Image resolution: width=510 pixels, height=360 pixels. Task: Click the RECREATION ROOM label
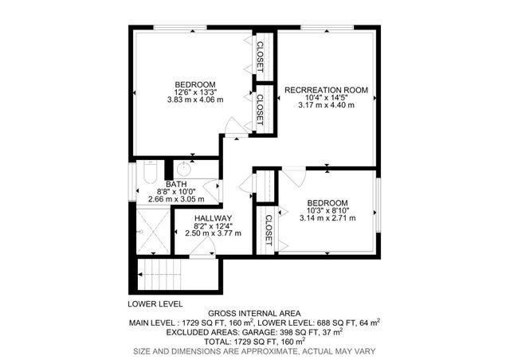(x=327, y=91)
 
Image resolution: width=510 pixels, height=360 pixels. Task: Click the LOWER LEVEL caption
(x=155, y=304)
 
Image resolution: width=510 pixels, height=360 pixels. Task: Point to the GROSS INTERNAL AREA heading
(x=254, y=314)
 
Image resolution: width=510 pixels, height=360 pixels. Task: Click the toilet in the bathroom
(x=149, y=173)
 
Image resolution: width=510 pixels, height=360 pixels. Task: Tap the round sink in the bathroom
(x=182, y=170)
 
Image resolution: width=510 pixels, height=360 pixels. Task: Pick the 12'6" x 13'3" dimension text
(x=195, y=92)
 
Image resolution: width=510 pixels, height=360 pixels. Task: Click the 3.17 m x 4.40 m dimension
(x=327, y=105)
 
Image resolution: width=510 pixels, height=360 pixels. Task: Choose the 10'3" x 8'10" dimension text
(x=328, y=210)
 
